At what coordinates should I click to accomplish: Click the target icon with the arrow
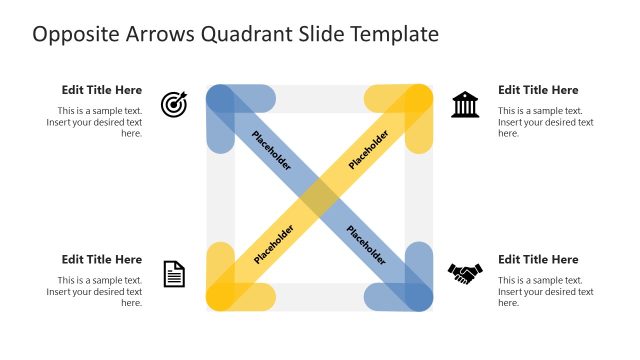[x=174, y=103]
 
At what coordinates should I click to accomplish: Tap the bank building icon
[x=465, y=103]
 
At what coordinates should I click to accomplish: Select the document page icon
[x=174, y=273]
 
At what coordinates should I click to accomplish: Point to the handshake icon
[x=465, y=272]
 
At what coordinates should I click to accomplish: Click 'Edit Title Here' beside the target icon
[x=102, y=90]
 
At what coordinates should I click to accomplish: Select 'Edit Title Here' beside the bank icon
[x=538, y=90]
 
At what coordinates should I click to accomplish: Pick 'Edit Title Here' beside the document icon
[x=102, y=260]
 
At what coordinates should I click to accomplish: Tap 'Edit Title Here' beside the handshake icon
[x=538, y=260]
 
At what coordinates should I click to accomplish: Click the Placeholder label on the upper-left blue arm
[x=272, y=150]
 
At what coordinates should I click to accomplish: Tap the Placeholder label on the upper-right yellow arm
[x=368, y=149]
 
